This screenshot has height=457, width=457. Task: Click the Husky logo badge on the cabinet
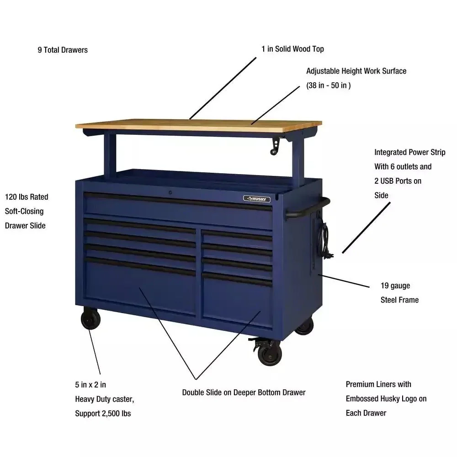pyautogui.click(x=256, y=198)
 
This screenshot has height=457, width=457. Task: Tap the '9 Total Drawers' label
pyautogui.click(x=63, y=50)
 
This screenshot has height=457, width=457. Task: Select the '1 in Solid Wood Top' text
pyautogui.click(x=292, y=49)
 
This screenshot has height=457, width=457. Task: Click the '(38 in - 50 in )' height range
pyautogui.click(x=328, y=85)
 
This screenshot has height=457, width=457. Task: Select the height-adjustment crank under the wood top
pyautogui.click(x=275, y=146)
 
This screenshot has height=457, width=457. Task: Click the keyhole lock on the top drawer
pyautogui.click(x=170, y=193)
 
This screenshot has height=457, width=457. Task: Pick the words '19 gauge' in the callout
pyautogui.click(x=395, y=286)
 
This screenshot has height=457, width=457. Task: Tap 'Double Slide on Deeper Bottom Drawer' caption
pyautogui.click(x=244, y=392)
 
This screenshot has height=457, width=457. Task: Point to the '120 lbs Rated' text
pyautogui.click(x=27, y=197)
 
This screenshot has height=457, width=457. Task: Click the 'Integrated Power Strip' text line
pyautogui.click(x=409, y=152)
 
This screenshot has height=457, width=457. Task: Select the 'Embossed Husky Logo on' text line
pyautogui.click(x=386, y=399)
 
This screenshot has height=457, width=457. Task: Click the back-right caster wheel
pyautogui.click(x=304, y=327)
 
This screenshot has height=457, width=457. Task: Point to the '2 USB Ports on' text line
pyautogui.click(x=398, y=181)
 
